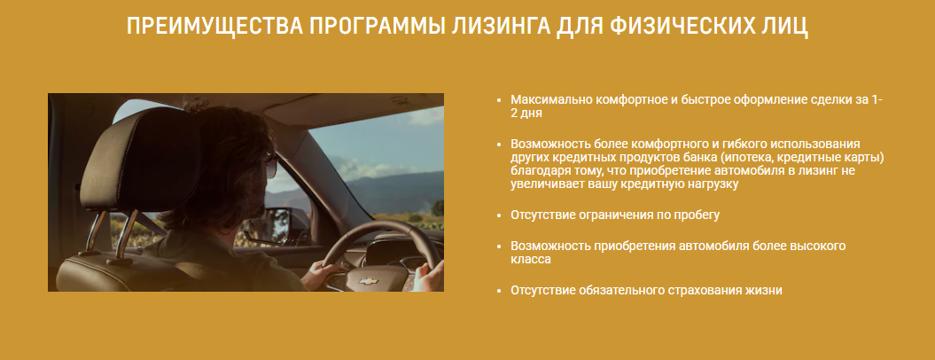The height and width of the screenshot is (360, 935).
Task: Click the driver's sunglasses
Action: point(270,164)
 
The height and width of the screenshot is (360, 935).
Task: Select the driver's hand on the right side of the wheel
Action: point(427,275)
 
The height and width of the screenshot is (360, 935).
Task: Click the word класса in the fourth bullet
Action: point(531,259)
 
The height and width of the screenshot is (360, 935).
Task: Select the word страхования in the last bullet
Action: point(706,290)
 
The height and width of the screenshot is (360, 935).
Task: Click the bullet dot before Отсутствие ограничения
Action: point(498,215)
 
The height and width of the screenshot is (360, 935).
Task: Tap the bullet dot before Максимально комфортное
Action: point(498,100)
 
